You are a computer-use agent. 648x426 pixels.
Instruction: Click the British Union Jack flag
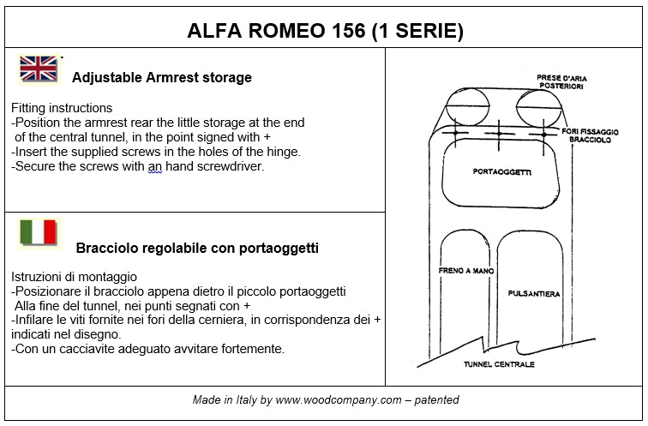pyautogui.click(x=38, y=69)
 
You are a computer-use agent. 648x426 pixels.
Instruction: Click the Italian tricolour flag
pyautogui.click(x=38, y=232)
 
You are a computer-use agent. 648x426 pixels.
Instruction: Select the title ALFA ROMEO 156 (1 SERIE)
pyautogui.click(x=325, y=32)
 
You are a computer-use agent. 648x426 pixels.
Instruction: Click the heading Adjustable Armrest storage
pyautogui.click(x=162, y=77)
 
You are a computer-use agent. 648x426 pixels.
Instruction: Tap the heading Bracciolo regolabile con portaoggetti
pyautogui.click(x=197, y=249)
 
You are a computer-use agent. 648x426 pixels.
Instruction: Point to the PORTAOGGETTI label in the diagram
pyautogui.click(x=502, y=172)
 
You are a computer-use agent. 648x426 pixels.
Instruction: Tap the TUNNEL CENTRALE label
pyautogui.click(x=499, y=364)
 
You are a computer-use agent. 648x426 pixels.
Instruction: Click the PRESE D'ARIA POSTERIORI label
pyautogui.click(x=561, y=81)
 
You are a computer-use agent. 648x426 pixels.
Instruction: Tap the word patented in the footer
pyautogui.click(x=436, y=400)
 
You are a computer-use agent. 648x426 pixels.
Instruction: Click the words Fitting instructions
pyautogui.click(x=62, y=109)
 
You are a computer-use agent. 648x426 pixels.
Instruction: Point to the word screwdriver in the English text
pyautogui.click(x=231, y=166)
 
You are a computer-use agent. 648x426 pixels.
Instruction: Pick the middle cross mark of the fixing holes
pyautogui.click(x=497, y=134)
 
